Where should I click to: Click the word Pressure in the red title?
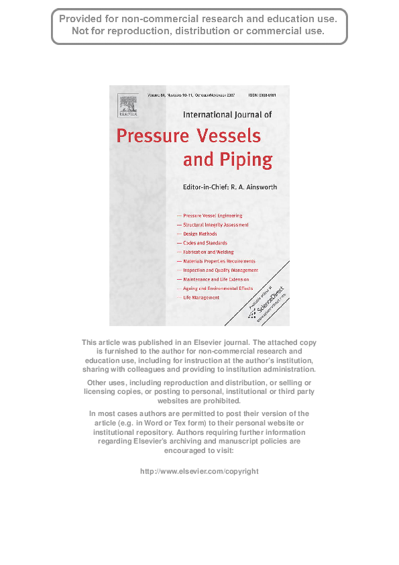pos(154,136)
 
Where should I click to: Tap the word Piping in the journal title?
pos(247,160)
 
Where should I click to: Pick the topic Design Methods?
pos(200,234)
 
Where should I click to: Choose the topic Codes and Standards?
pos(205,243)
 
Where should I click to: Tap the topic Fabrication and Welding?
pos(209,252)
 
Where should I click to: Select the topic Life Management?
pos(201,297)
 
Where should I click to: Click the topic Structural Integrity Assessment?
pos(216,225)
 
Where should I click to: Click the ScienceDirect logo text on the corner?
pos(262,301)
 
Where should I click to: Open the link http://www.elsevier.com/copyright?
pos(199,472)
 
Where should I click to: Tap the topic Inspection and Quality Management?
pos(221,270)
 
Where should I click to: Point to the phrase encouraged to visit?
pos(199,452)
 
